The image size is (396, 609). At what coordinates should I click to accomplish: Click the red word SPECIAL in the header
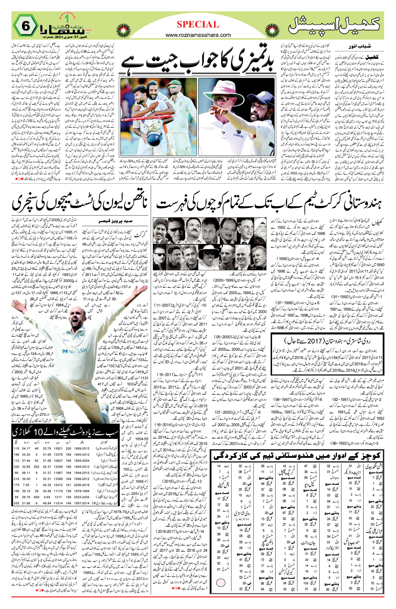(x=198, y=24)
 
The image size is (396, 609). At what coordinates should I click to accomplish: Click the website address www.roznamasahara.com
(x=198, y=35)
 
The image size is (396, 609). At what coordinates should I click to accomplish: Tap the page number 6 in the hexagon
(x=26, y=26)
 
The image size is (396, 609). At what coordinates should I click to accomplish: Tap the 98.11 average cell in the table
(x=26, y=473)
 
